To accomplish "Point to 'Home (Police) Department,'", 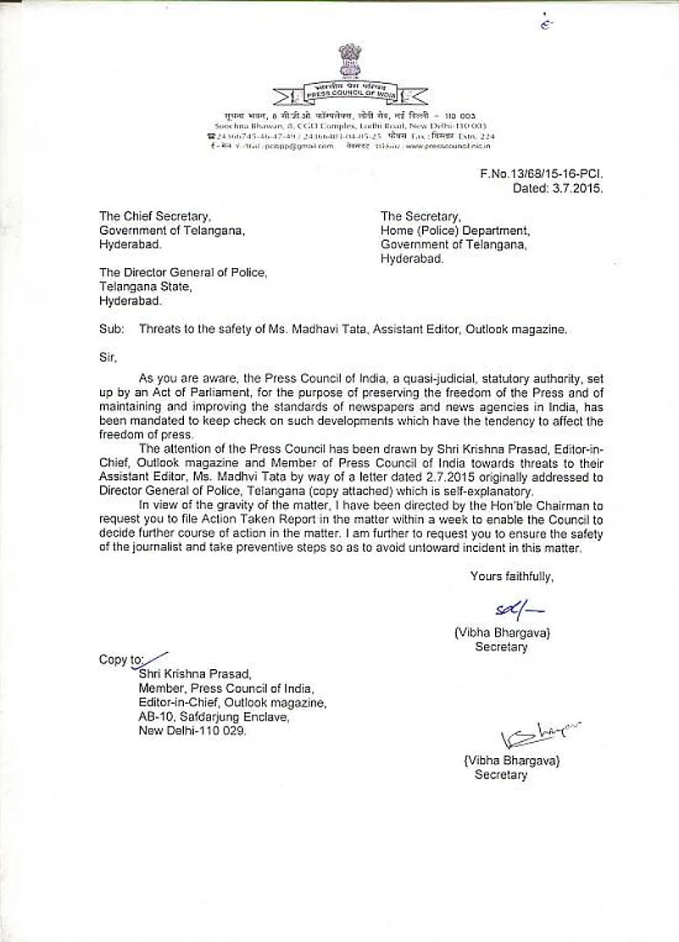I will coord(454,231).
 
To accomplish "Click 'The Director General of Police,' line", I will coord(183,272).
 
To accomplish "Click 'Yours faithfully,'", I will coord(512,577).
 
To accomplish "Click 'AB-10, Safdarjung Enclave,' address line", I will coord(214,716).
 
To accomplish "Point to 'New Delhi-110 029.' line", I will coord(192,731).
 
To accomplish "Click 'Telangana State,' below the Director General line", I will coord(146,287).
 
